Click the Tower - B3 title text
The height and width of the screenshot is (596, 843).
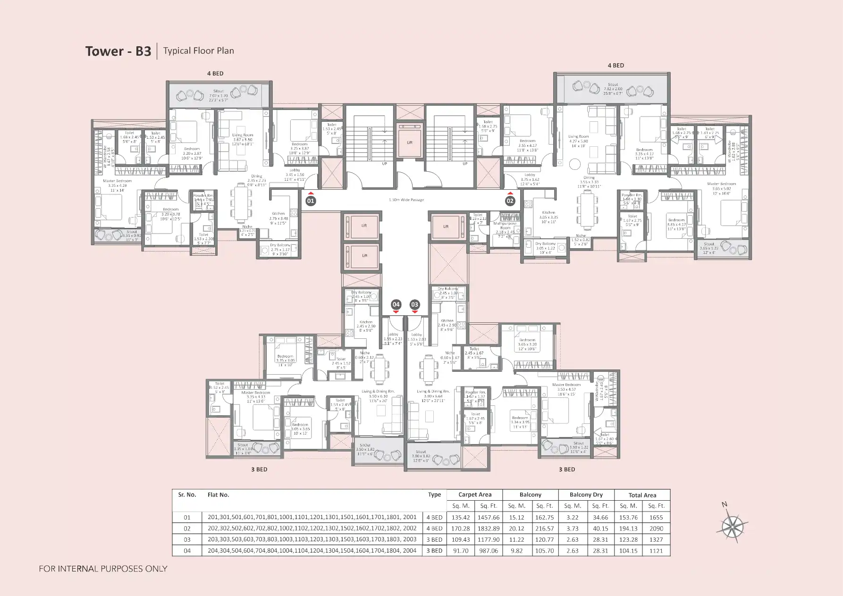coord(118,51)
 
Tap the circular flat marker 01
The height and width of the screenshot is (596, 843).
coord(310,201)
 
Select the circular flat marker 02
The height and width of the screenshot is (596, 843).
coord(510,201)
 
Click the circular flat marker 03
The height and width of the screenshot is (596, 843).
coord(414,304)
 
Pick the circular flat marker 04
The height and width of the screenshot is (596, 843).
coord(396,304)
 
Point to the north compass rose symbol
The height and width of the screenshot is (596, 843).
coord(732,525)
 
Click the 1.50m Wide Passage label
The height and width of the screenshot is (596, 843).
coord(406,200)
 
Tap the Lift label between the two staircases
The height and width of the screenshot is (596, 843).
coord(410,142)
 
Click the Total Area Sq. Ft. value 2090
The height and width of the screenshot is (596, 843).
coord(656,529)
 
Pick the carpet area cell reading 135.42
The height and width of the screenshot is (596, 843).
coord(460,517)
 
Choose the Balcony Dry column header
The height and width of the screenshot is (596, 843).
coord(586,495)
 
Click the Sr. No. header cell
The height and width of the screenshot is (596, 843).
coord(187,495)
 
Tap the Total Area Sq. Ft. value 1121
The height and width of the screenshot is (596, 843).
coord(656,551)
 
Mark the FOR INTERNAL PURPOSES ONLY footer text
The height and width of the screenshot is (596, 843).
coord(103,569)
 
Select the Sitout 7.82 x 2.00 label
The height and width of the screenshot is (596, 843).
coord(613,89)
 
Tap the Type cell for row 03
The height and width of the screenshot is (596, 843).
coord(434,539)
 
